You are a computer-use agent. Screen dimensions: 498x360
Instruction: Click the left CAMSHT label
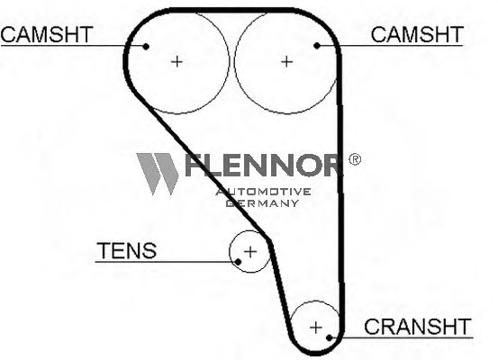(x=47, y=34)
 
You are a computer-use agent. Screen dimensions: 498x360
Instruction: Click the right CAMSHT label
(x=417, y=34)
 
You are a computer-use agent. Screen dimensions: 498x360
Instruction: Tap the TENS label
(x=127, y=250)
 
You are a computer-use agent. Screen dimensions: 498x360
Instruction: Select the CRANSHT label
(x=417, y=327)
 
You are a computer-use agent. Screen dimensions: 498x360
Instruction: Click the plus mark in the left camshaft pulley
(x=177, y=61)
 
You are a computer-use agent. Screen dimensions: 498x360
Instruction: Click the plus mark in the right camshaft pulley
(x=286, y=61)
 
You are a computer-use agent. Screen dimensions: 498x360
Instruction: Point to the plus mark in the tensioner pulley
(x=250, y=252)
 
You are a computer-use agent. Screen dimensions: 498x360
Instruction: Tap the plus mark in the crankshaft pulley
(x=316, y=327)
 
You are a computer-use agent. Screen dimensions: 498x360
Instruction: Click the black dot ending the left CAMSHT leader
(x=146, y=47)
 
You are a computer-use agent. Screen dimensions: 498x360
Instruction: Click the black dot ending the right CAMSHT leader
(x=317, y=46)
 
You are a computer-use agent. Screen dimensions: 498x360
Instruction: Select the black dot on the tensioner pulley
(x=238, y=262)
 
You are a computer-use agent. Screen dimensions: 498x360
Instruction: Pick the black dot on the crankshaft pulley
(x=330, y=337)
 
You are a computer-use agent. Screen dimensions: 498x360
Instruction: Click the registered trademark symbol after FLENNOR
(x=355, y=159)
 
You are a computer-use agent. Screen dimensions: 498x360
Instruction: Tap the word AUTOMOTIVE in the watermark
(x=263, y=192)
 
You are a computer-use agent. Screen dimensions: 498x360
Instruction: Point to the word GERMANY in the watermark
(x=262, y=202)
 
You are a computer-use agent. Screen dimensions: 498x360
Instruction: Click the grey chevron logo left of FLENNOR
(x=158, y=174)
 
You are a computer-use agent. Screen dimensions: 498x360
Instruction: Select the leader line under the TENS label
(x=167, y=262)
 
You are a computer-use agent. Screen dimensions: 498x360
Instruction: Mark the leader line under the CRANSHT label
(x=401, y=337)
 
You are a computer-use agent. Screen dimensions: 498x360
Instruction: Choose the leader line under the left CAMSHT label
(x=73, y=46)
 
